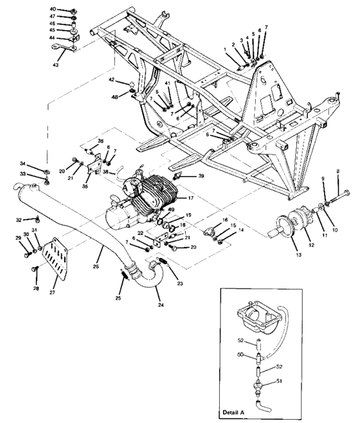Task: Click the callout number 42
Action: (111, 80)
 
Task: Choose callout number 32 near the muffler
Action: (19, 220)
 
